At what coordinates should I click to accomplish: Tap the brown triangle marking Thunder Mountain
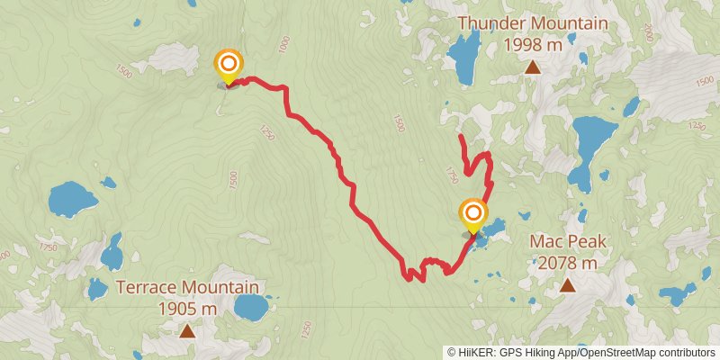[x=533, y=67]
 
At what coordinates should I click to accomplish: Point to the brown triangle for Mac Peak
[x=567, y=285]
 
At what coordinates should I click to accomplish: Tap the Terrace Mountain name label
[x=187, y=289]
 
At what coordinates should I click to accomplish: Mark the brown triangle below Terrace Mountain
[x=186, y=331]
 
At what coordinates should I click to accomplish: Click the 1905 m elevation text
[x=187, y=309]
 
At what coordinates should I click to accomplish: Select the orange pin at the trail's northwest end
[x=229, y=64]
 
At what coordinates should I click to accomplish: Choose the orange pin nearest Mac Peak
[x=472, y=214]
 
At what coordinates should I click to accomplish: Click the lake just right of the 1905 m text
[x=248, y=306]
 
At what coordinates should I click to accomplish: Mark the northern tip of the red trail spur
[x=461, y=136]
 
